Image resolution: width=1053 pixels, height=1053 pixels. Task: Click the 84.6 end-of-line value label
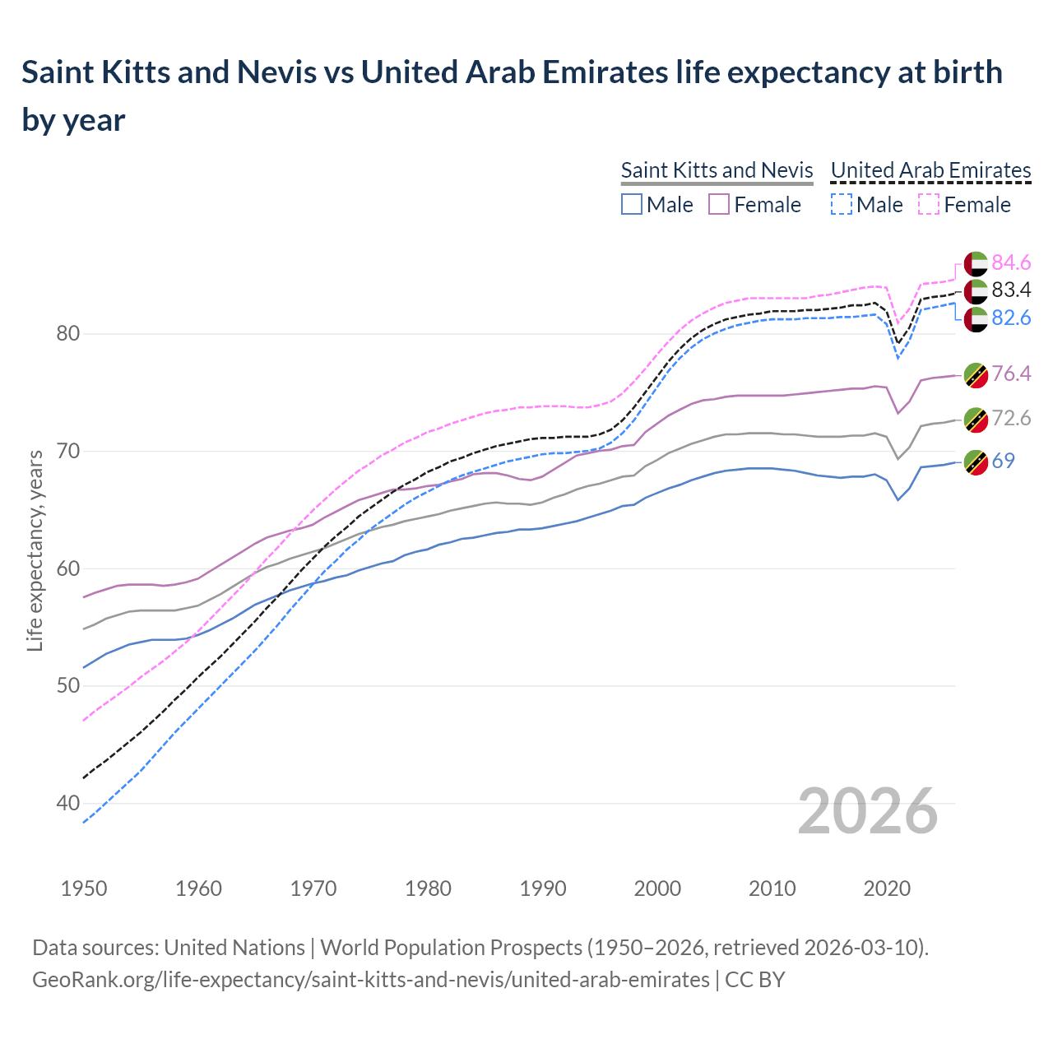[1011, 262]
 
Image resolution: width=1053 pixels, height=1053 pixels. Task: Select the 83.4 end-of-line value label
[1011, 290]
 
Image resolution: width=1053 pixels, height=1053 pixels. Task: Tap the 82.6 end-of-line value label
[1011, 318]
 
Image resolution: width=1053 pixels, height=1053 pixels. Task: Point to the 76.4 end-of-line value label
[1011, 373]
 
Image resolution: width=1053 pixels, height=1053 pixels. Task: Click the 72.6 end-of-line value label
[1011, 418]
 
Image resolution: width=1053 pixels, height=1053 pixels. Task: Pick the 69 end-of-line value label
[1003, 461]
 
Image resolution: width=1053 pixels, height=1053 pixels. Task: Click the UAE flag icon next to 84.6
[975, 263]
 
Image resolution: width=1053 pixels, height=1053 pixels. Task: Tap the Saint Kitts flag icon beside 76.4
[975, 374]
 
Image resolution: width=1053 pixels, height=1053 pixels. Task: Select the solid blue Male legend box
[631, 204]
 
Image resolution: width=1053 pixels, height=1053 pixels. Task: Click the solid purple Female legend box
[719, 204]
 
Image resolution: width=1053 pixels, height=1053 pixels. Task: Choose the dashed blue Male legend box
[841, 204]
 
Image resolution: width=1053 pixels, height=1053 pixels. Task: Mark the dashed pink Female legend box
[929, 204]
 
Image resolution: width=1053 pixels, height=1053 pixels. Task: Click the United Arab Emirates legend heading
[930, 170]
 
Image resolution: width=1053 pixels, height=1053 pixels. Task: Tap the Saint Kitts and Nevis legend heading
[717, 170]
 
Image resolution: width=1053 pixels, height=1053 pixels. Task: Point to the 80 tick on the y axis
[68, 334]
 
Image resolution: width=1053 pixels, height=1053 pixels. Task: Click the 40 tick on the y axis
[68, 804]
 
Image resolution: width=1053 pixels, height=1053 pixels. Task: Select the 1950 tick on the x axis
[84, 888]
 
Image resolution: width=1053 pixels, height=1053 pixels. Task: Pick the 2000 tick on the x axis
[657, 888]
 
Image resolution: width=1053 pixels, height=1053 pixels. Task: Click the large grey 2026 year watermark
[867, 811]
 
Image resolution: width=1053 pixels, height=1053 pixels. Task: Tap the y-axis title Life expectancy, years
[35, 550]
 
